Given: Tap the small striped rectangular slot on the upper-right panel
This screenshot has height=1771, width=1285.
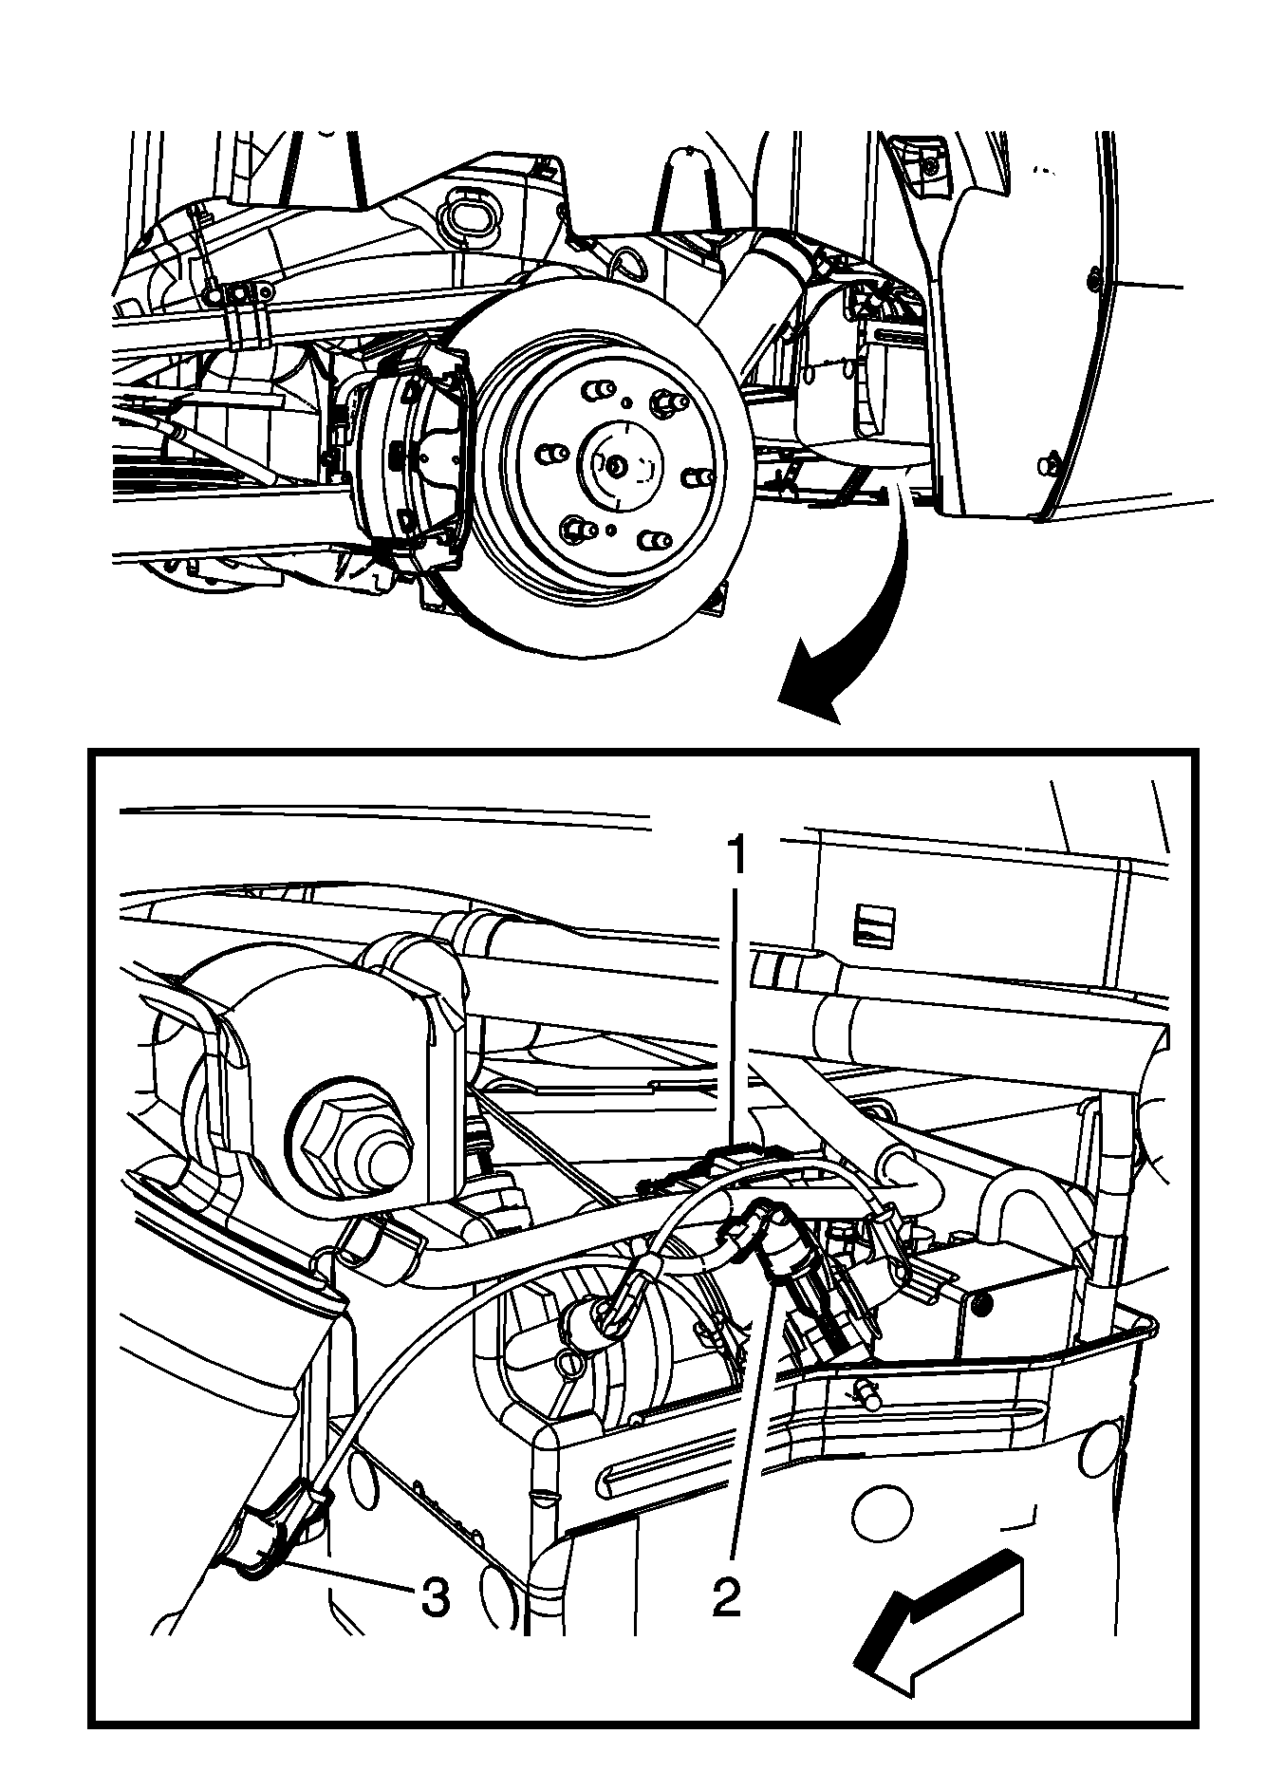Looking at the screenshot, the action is tap(874, 920).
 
